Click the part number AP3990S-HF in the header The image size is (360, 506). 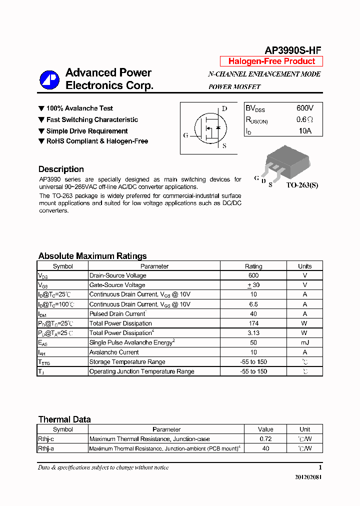coord(292,50)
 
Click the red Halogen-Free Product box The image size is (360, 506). coord(271,61)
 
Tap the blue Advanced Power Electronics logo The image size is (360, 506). coord(49,79)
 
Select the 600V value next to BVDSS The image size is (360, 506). coord(304,108)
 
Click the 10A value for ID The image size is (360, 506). coord(304,131)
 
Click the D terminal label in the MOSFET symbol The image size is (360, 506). coord(224,109)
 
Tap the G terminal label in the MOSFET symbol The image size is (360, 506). coord(186,135)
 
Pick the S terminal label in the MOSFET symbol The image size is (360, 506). coord(224,146)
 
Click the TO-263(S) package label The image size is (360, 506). coord(302,185)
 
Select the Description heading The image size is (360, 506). coord(61,169)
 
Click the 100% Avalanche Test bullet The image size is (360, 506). coord(79,108)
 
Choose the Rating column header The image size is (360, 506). coord(253,266)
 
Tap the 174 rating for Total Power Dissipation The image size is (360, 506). coord(253,323)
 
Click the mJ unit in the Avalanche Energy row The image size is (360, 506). coord(304,342)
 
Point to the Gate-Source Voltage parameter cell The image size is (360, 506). coord(117,285)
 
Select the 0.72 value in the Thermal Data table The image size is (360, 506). coord(265,439)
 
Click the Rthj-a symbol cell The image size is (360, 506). coord(46,448)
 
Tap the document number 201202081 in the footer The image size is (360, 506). coord(308,477)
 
